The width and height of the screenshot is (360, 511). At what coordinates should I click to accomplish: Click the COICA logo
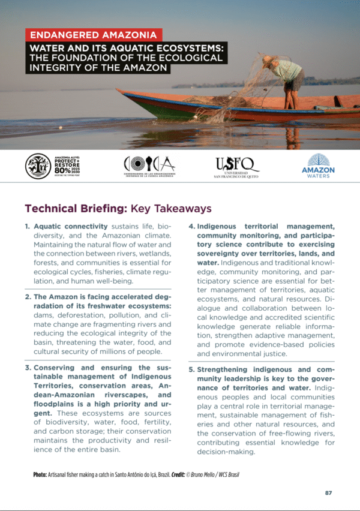pyautogui.click(x=149, y=164)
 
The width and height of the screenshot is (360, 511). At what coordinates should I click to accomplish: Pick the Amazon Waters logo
pyautogui.click(x=318, y=166)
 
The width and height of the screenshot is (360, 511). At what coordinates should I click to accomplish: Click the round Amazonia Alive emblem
pyautogui.click(x=38, y=166)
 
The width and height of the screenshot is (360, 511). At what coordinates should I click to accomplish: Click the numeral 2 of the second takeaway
pyautogui.click(x=28, y=297)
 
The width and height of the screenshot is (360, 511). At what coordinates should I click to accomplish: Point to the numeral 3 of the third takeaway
pyautogui.click(x=28, y=368)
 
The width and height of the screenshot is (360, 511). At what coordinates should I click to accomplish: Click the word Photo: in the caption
pyautogui.click(x=41, y=474)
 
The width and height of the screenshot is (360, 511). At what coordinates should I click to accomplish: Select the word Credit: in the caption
pyautogui.click(x=179, y=474)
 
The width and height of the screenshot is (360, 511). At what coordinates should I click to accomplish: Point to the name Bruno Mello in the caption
pyautogui.click(x=210, y=474)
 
